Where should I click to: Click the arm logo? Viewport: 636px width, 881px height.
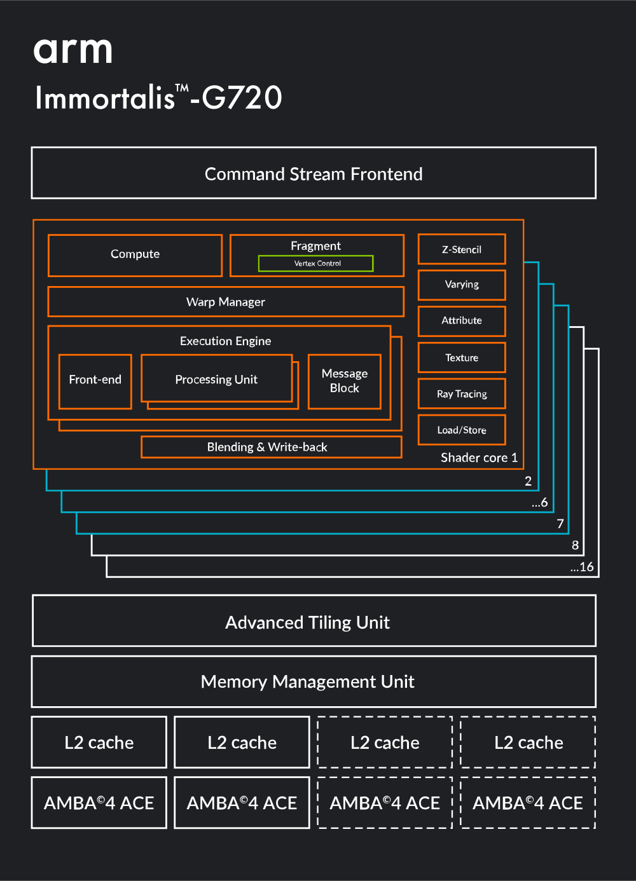point(73,51)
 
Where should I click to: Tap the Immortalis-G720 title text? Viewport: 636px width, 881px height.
point(158,98)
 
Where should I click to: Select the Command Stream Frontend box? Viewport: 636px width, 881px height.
point(314,174)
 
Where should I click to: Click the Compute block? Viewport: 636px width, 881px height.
point(135,254)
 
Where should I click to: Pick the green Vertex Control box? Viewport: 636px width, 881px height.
point(316,263)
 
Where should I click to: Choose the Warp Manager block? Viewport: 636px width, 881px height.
point(226,302)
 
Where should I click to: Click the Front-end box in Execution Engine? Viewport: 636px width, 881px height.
point(95,380)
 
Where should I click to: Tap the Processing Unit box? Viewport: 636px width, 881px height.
point(216,379)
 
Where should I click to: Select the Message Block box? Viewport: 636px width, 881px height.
point(344,381)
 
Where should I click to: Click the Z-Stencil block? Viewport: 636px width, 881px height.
point(462,250)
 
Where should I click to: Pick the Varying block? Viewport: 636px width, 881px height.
point(462,285)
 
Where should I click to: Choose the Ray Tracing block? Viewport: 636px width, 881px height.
point(462,394)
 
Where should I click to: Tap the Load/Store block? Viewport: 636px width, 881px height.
point(462,430)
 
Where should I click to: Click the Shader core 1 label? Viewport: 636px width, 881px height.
point(479,458)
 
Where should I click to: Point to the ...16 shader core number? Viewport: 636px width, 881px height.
point(582,567)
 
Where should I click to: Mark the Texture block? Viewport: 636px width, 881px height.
point(462,358)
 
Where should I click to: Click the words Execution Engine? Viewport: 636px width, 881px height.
point(225,341)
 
